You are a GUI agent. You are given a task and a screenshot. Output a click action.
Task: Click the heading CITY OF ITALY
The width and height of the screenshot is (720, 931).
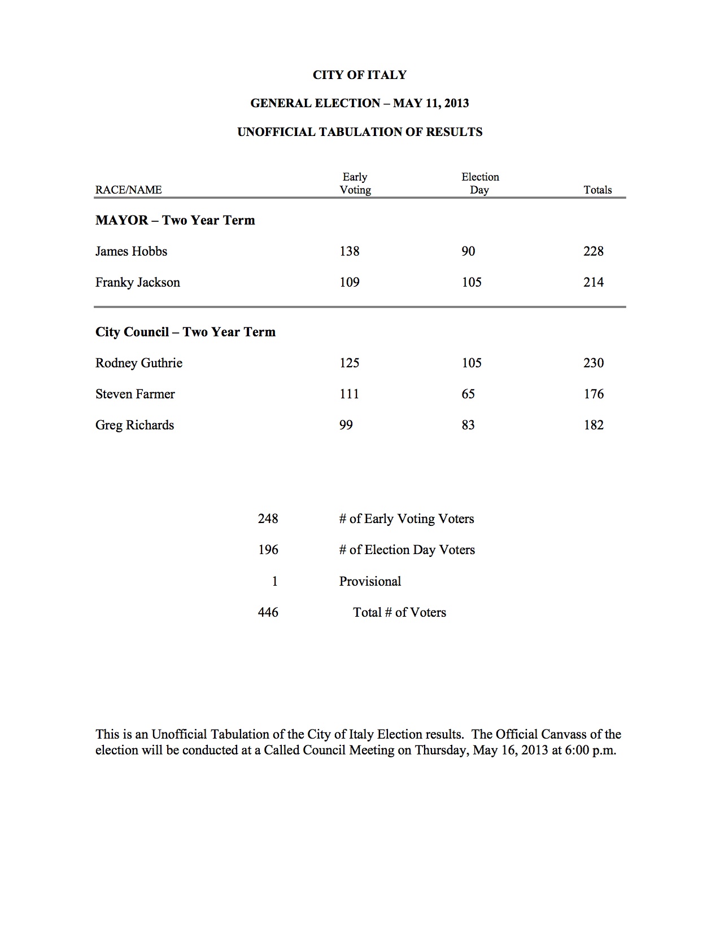click(x=360, y=75)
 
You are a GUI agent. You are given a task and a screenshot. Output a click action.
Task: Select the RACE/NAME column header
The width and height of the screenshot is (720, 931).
click(x=128, y=190)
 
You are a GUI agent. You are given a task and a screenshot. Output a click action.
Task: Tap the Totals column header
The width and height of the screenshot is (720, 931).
click(x=597, y=190)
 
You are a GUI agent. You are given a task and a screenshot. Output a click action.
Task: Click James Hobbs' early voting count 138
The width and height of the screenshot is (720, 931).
click(x=350, y=251)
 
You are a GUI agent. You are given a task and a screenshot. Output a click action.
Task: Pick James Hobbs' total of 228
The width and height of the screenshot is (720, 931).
click(x=594, y=251)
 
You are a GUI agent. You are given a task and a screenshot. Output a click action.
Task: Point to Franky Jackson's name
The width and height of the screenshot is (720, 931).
click(x=138, y=282)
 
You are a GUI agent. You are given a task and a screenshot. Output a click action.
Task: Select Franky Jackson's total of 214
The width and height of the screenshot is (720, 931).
click(x=594, y=282)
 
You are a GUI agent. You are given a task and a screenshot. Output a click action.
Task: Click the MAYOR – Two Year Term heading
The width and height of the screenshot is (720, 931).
click(x=175, y=220)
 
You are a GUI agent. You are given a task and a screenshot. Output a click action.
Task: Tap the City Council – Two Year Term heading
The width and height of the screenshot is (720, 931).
click(x=185, y=332)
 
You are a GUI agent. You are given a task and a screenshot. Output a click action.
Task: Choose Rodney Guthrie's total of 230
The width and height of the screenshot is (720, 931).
click(x=594, y=363)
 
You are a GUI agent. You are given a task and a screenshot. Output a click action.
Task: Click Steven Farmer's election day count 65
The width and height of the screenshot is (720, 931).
click(x=468, y=394)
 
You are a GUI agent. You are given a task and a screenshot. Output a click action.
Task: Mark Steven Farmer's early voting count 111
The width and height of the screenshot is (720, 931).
click(x=350, y=394)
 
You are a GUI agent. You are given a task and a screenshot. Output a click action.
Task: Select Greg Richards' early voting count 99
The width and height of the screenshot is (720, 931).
click(x=346, y=425)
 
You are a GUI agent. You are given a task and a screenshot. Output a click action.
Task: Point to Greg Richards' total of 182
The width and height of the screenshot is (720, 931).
click(x=594, y=425)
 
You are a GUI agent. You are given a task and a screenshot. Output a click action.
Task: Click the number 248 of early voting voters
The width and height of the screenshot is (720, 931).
click(x=268, y=519)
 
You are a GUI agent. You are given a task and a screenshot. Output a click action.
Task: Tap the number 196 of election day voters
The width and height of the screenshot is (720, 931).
click(x=268, y=550)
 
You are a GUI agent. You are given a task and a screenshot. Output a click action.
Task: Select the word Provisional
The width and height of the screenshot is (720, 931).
click(x=370, y=581)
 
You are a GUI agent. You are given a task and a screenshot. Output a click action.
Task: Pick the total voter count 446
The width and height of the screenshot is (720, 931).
click(x=268, y=612)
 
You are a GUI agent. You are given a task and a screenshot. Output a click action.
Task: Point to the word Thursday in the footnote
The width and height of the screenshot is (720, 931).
click(x=441, y=750)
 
